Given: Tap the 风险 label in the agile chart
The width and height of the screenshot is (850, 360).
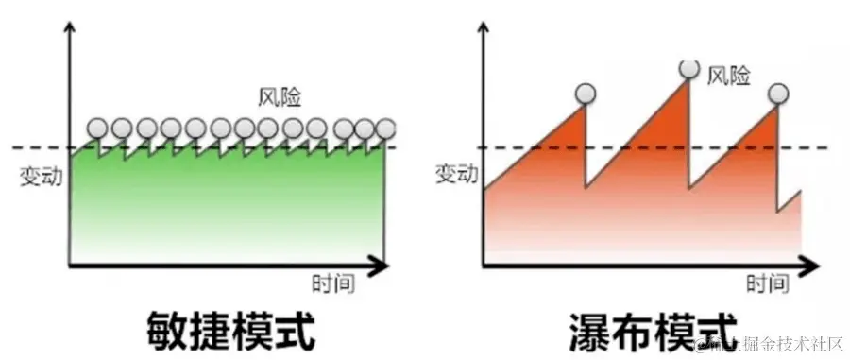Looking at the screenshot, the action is pos(280,96).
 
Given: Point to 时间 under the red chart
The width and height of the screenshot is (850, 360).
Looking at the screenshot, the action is pos(767,283).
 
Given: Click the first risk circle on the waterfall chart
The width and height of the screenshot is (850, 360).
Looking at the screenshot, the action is pos(586,93).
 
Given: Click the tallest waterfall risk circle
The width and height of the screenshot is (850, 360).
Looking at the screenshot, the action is pos(689,68).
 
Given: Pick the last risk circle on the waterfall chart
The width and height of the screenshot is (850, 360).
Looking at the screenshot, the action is pos(777,93).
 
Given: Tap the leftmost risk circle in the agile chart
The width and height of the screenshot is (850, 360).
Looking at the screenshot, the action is pos(97,128).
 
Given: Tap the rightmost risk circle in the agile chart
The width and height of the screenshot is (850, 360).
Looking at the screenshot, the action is pos(385,128).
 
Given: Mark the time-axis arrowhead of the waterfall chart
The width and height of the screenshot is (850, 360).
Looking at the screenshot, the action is pos(812,266).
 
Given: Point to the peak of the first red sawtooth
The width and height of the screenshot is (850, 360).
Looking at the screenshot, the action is pos(585,107).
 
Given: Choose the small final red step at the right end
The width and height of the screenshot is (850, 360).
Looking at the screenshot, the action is pos(790,203).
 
